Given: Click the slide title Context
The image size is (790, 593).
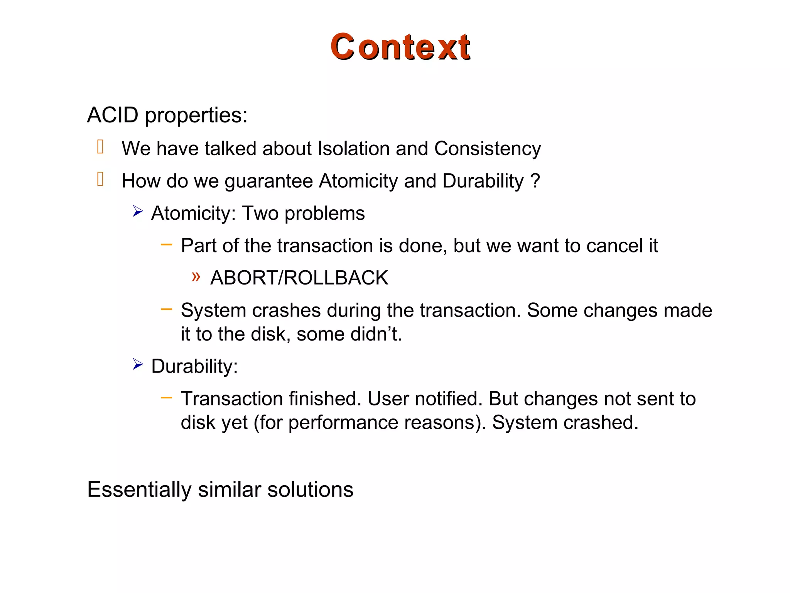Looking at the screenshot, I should [x=400, y=47].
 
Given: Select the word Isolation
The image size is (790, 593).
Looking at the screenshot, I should [x=353, y=149].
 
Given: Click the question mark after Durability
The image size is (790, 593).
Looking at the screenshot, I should [x=535, y=181].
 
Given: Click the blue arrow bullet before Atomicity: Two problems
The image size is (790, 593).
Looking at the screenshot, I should [x=138, y=211].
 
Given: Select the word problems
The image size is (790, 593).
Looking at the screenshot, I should [x=324, y=213].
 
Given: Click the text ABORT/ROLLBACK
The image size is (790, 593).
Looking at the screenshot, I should [x=299, y=278].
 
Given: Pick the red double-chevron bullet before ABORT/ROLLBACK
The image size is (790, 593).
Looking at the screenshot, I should [x=196, y=277].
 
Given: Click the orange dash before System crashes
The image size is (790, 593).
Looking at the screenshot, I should [x=166, y=309].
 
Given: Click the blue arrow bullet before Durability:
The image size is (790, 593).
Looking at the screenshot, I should [x=138, y=364].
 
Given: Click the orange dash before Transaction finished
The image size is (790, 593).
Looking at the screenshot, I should [x=166, y=397].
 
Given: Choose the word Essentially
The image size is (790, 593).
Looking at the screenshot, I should [x=139, y=490].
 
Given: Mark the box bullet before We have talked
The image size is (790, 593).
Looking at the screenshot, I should [x=100, y=147].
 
